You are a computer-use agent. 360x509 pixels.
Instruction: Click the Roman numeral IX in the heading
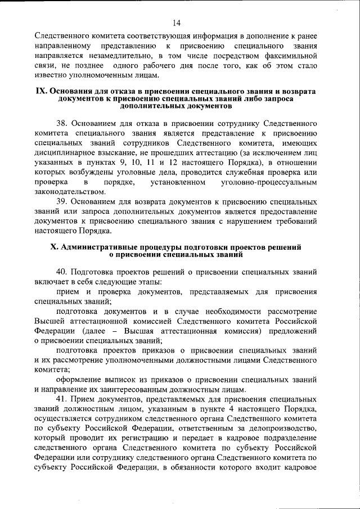click(42, 91)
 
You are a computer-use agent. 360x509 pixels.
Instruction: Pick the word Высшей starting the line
click(50, 321)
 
